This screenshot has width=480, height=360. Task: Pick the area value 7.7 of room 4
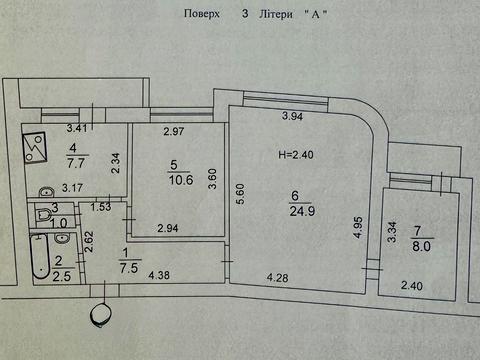76,160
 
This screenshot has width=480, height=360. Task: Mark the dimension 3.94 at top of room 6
292,118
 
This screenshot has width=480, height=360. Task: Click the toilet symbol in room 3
44,212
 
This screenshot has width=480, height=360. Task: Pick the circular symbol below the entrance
100,314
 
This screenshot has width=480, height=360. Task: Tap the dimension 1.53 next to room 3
100,207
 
